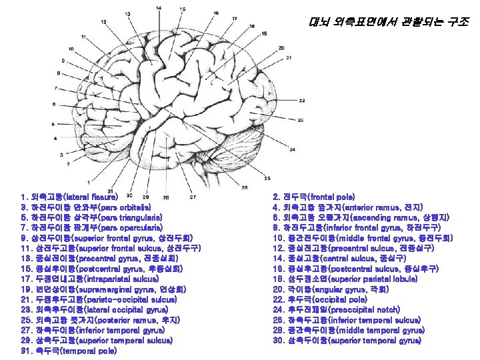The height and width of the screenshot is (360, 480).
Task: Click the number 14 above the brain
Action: point(158,8)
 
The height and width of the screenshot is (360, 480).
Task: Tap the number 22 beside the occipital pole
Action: point(301,101)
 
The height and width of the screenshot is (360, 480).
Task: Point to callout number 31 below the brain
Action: point(109,192)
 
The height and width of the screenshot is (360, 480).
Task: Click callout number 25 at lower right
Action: point(267,178)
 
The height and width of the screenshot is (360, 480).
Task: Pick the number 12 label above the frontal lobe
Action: point(104,23)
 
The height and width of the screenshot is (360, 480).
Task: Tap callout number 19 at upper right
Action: point(265,33)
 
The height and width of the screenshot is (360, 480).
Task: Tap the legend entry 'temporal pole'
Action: point(80,351)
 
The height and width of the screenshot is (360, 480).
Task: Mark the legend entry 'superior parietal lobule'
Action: point(367,279)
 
